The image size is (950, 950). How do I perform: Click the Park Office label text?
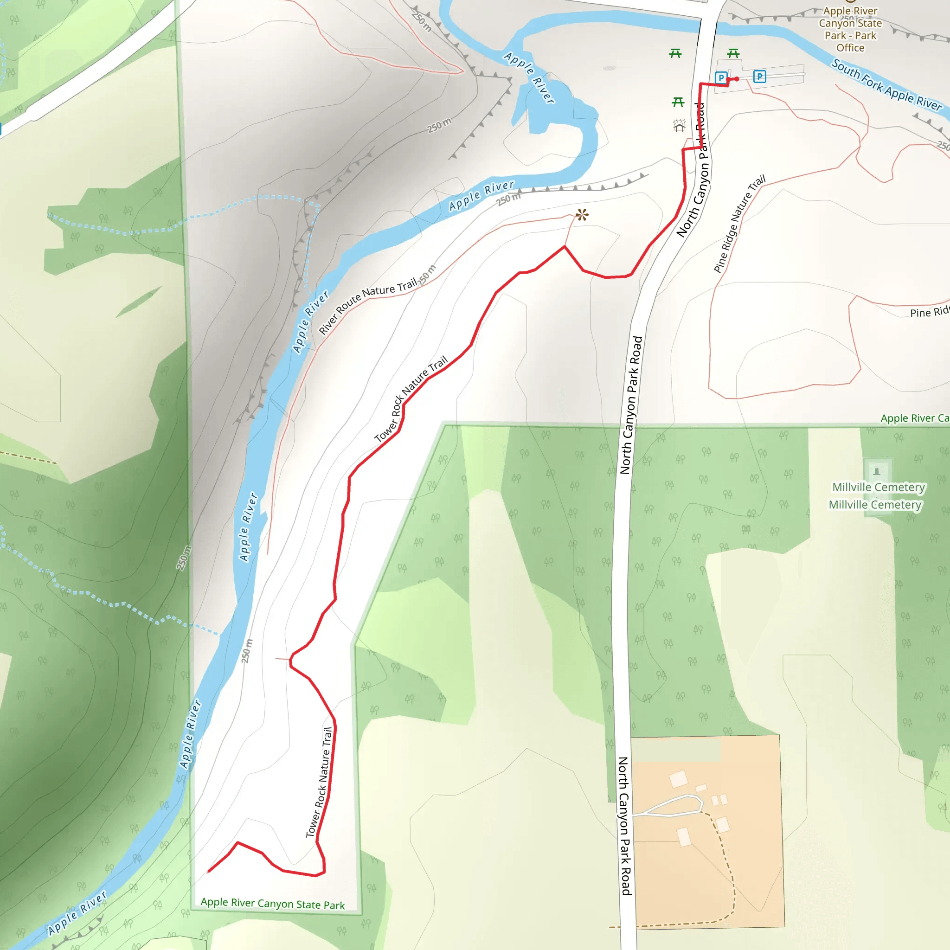coord(850,29)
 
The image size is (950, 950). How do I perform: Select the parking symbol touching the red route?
coord(721,77)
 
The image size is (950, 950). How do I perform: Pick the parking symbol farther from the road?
coord(760,77)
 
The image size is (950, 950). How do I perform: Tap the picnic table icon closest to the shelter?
coord(678,102)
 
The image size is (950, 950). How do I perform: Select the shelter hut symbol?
coord(679,126)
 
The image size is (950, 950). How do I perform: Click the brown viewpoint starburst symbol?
coord(582,214)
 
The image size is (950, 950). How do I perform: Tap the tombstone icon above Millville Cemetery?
coord(877,472)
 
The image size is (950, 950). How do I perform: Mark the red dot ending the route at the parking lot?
coord(737,79)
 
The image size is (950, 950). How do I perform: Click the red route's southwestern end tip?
coord(209,871)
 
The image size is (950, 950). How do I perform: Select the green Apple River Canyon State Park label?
coord(272,904)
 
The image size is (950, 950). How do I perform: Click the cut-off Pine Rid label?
coord(929,312)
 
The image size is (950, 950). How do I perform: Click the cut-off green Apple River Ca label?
coord(914,418)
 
